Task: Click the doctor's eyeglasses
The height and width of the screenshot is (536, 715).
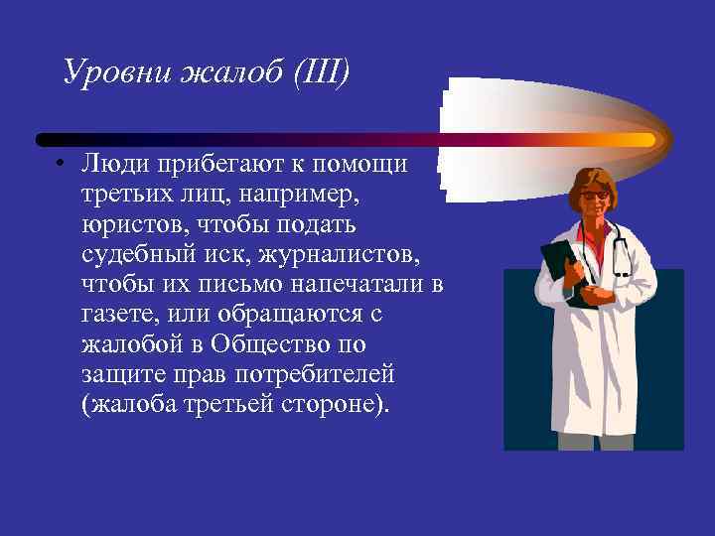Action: (594, 196)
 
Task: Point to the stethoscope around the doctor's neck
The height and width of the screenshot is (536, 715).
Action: (620, 248)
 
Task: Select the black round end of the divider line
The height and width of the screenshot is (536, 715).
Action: (42, 140)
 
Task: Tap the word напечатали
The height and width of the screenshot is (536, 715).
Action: (342, 285)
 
